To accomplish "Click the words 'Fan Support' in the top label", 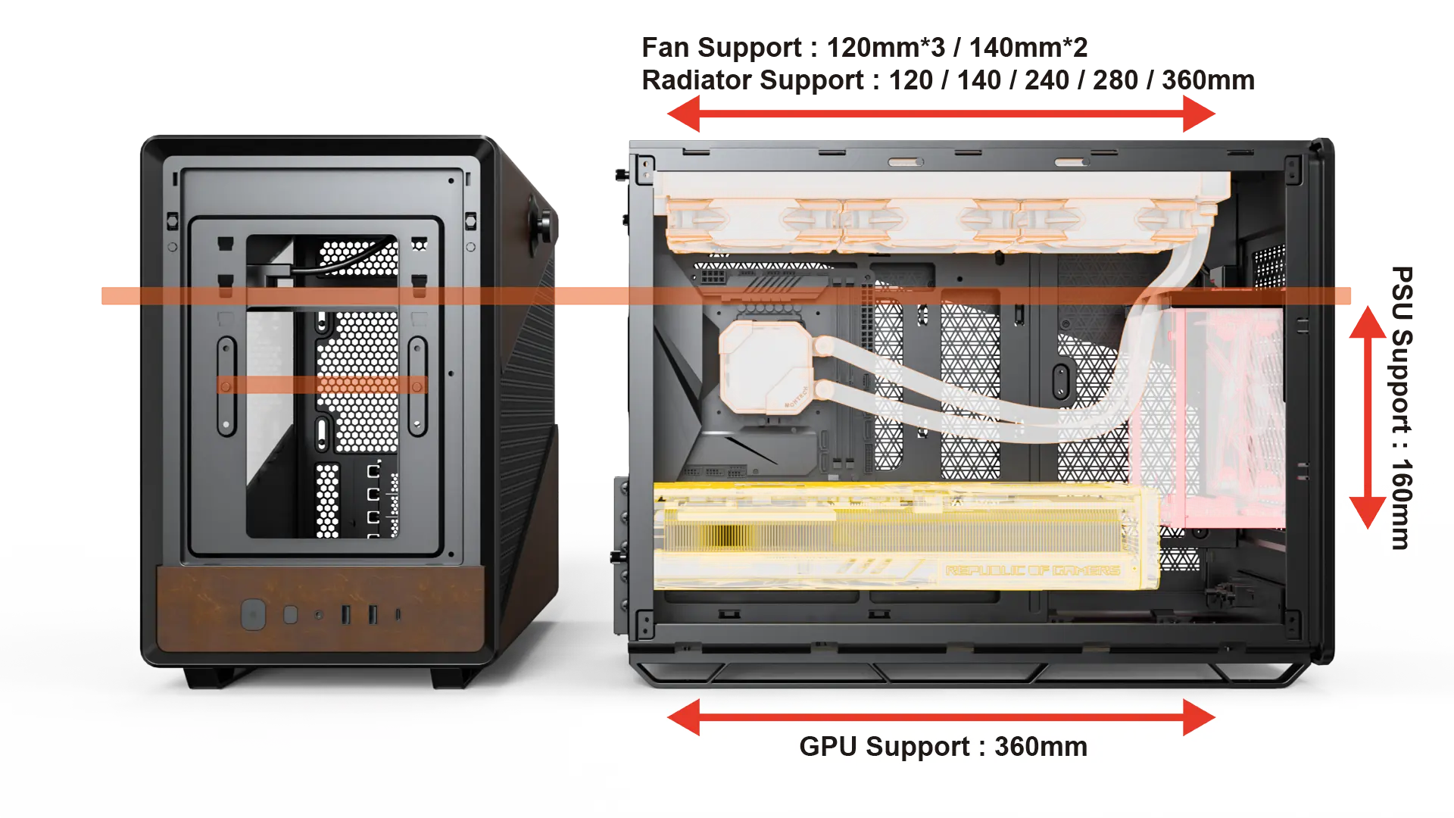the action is pyautogui.click(x=721, y=48).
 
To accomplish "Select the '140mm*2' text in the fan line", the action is pyautogui.click(x=1028, y=48).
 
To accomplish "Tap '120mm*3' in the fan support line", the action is pyautogui.click(x=886, y=48).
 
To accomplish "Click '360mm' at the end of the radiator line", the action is pyautogui.click(x=1208, y=80).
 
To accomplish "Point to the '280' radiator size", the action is pyautogui.click(x=1115, y=80).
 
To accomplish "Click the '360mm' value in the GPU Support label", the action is pyautogui.click(x=1041, y=747).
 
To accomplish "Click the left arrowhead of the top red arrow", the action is pyautogui.click(x=683, y=114).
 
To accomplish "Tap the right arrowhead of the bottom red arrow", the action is pyautogui.click(x=1200, y=717).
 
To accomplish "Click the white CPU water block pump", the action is pyautogui.click(x=765, y=367).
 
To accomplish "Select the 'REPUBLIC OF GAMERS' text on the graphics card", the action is pyautogui.click(x=1032, y=570).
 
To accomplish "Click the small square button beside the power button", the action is pyautogui.click(x=290, y=614).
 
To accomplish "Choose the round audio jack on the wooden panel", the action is pyautogui.click(x=319, y=615).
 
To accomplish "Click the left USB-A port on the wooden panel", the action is pyautogui.click(x=346, y=614).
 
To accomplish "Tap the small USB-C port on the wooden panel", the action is pyautogui.click(x=398, y=614).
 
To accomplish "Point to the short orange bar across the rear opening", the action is pyautogui.click(x=322, y=385).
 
